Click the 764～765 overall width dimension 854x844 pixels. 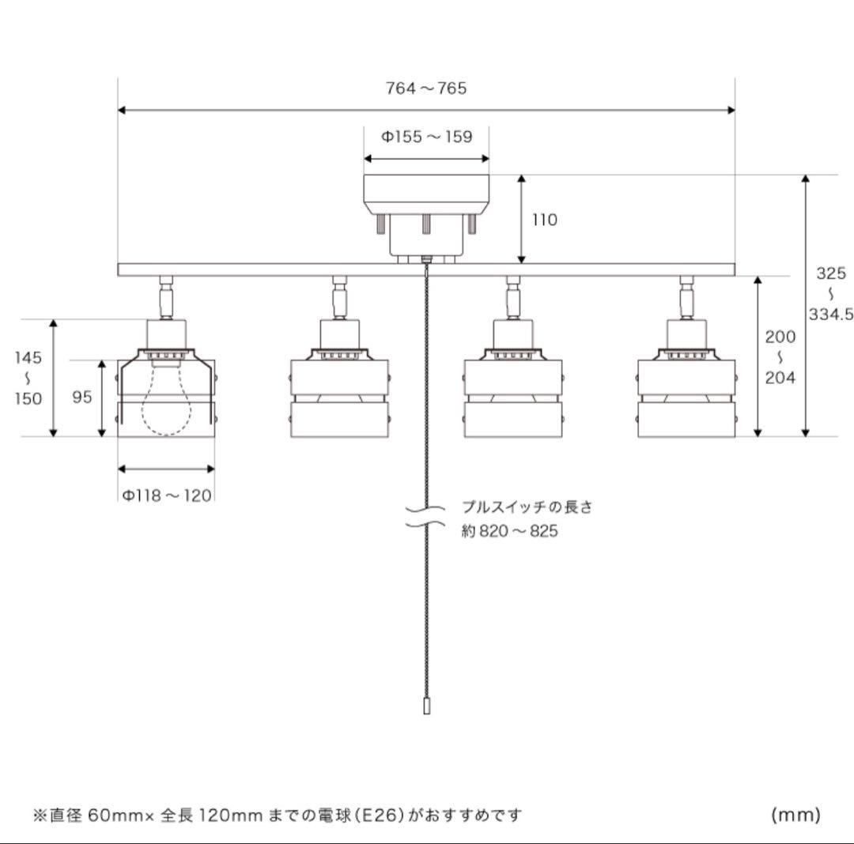click(x=426, y=89)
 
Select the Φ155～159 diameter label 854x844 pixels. click(x=427, y=137)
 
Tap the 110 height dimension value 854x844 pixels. click(x=544, y=220)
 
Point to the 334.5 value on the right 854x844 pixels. click(x=830, y=314)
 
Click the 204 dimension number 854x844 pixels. click(x=780, y=377)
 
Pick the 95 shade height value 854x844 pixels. click(x=82, y=398)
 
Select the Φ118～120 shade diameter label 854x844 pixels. click(x=167, y=495)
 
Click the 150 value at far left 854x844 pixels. click(x=28, y=398)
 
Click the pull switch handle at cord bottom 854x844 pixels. click(x=427, y=706)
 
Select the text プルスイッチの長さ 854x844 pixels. click(x=527, y=507)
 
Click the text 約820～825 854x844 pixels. click(x=510, y=531)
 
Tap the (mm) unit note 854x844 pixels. click(x=796, y=814)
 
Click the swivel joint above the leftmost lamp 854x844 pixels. click(x=166, y=298)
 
